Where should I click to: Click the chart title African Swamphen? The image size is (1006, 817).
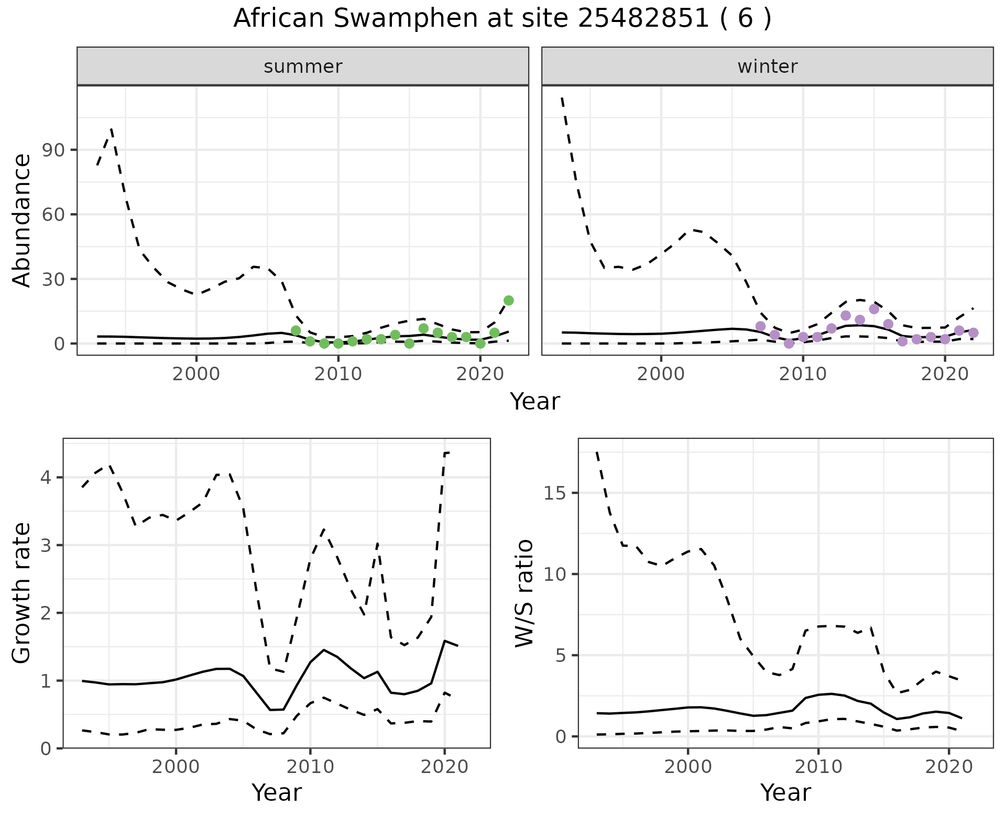502,19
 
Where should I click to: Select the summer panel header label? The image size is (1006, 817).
303,67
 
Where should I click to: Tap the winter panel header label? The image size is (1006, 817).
767,67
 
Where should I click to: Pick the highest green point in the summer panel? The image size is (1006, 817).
508,300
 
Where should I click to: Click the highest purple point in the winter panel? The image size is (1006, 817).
874,309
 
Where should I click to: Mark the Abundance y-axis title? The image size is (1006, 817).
22,220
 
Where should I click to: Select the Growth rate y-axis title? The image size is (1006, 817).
22,593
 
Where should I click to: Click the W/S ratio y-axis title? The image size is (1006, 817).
524,593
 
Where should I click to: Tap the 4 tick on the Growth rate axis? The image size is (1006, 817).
46,478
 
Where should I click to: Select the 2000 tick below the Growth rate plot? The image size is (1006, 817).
176,767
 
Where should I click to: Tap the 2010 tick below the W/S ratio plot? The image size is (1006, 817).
818,767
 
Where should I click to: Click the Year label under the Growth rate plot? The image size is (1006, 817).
277,792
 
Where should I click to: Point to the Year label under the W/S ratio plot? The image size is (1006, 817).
785,792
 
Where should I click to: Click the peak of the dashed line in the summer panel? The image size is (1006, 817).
112,128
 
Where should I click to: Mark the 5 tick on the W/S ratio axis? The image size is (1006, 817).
562,656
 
